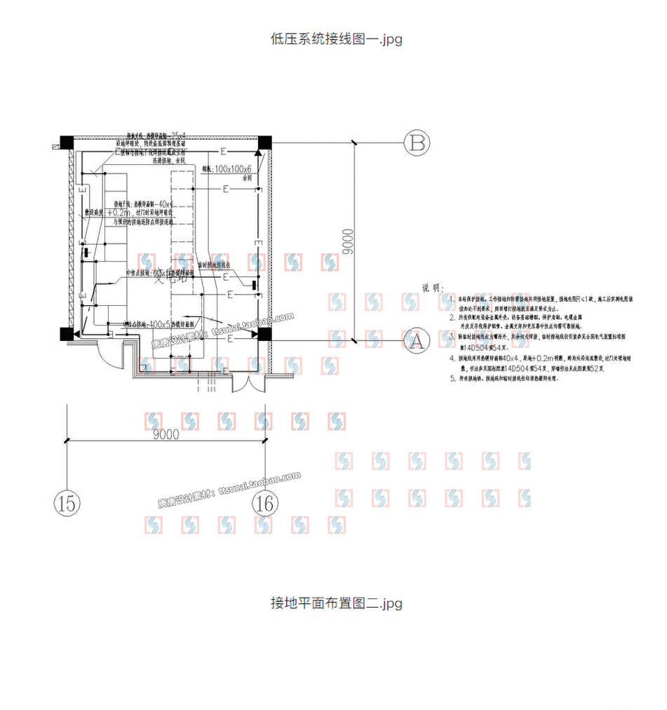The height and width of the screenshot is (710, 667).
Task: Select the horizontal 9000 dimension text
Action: [x=166, y=434]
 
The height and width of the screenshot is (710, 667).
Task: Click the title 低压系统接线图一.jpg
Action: [x=337, y=39]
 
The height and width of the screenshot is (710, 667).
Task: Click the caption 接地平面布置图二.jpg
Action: [x=337, y=603]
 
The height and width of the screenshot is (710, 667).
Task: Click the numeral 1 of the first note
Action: [x=451, y=299]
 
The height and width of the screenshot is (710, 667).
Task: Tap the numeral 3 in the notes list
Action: [x=451, y=337]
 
